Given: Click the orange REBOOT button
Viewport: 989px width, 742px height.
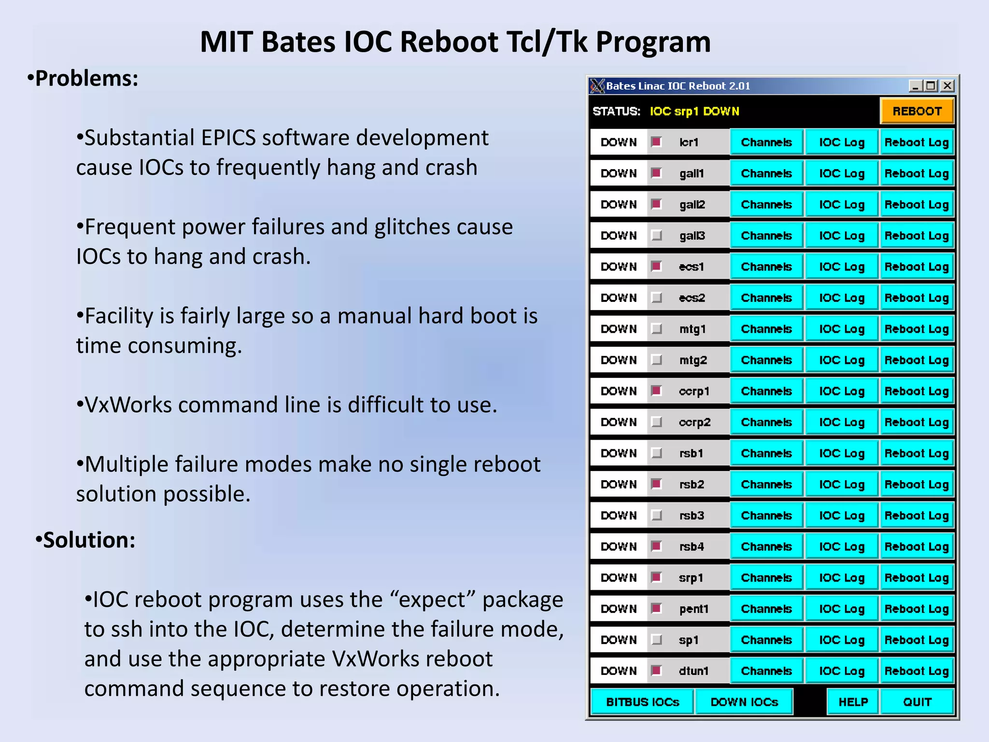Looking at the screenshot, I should (916, 111).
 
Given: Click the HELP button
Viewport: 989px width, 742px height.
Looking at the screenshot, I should (853, 702).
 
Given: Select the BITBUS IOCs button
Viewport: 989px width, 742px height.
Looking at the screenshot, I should (642, 702).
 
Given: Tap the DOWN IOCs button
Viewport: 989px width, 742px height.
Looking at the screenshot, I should (744, 702).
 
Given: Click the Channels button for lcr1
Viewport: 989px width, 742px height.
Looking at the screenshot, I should (766, 143).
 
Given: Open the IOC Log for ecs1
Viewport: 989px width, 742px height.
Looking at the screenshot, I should (841, 267).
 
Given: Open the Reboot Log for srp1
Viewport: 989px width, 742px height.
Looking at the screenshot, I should (916, 578).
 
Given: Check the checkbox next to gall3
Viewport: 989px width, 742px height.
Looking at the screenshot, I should (656, 236).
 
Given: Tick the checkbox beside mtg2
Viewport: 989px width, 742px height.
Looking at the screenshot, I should (656, 360).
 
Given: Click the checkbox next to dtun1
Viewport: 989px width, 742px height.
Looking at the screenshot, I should (656, 671).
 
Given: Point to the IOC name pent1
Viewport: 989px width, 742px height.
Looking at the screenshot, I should (693, 609).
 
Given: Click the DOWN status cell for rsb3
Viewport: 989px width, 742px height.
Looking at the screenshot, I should (619, 515).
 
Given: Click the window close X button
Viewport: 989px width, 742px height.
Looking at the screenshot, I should (947, 86).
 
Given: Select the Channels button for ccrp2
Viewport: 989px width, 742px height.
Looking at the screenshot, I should (766, 422).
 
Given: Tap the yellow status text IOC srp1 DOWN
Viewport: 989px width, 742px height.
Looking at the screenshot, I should (694, 112).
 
